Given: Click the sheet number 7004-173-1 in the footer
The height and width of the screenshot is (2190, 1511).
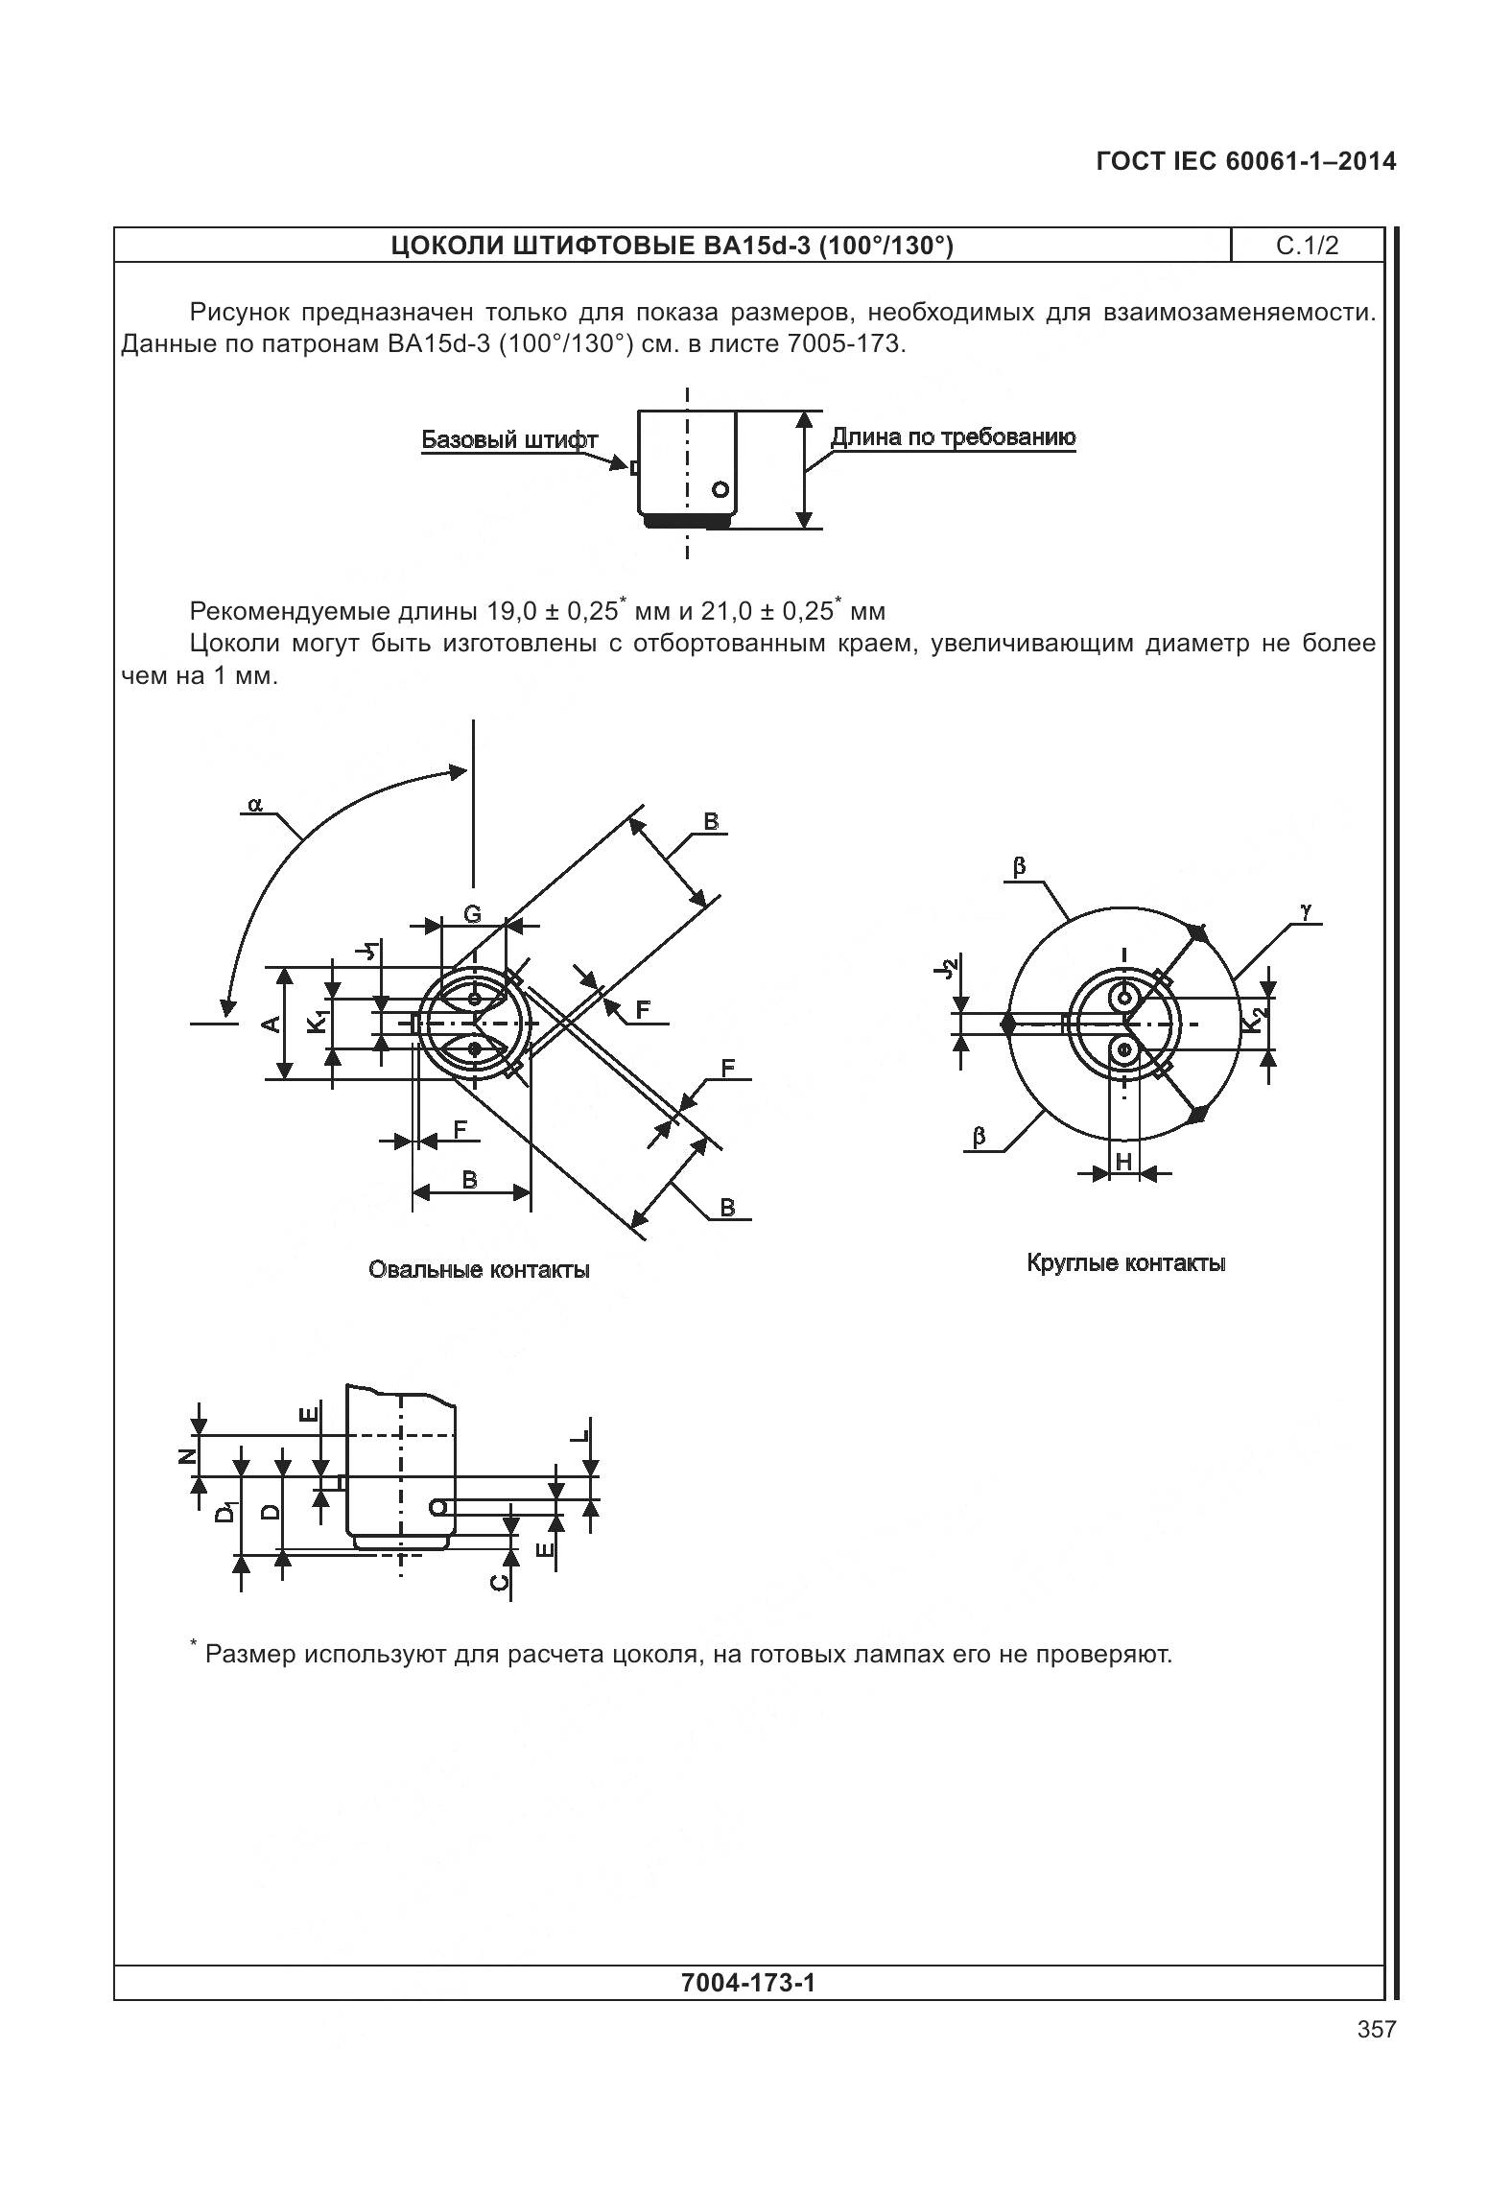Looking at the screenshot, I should [x=747, y=1982].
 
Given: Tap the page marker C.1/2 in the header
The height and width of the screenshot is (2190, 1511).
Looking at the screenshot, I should [x=1307, y=247].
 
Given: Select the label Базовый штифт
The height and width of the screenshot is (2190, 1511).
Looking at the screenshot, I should [x=509, y=440].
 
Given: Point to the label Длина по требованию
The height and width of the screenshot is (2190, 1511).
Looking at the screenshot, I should [x=952, y=437].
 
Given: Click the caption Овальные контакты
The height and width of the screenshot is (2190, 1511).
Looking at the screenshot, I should [x=479, y=1270].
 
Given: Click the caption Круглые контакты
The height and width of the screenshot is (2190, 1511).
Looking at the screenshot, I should [x=1126, y=1262].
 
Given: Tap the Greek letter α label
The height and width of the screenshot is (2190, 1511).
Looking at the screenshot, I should [x=255, y=804].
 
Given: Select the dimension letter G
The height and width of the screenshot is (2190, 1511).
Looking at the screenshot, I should [x=472, y=914].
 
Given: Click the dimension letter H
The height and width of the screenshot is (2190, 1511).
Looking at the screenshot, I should [x=1123, y=1162].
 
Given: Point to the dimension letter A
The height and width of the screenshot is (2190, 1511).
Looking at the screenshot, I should [x=272, y=1024].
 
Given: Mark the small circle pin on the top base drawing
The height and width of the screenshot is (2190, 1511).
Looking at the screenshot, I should [x=720, y=489].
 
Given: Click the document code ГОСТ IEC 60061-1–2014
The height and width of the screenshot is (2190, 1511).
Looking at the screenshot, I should [x=1245, y=161].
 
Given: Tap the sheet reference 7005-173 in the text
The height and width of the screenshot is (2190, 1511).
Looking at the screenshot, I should [x=843, y=343].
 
